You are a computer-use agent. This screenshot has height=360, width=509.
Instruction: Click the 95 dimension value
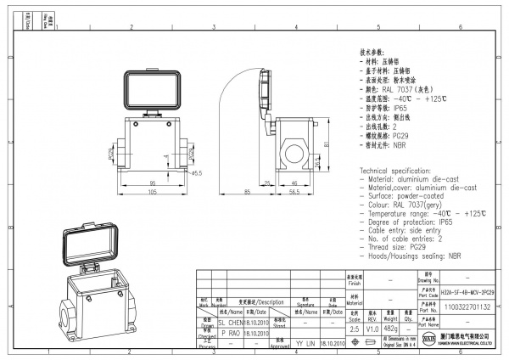[x=153, y=183]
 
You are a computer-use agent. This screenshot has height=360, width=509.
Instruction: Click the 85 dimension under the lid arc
[x=247, y=193]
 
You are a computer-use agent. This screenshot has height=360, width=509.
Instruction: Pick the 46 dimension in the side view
[x=294, y=183]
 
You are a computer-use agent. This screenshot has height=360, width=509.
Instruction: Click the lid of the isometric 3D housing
[x=91, y=245]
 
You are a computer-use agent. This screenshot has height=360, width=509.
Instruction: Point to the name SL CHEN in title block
[x=230, y=323]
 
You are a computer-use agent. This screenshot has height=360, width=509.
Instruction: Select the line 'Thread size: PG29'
[x=395, y=246]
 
